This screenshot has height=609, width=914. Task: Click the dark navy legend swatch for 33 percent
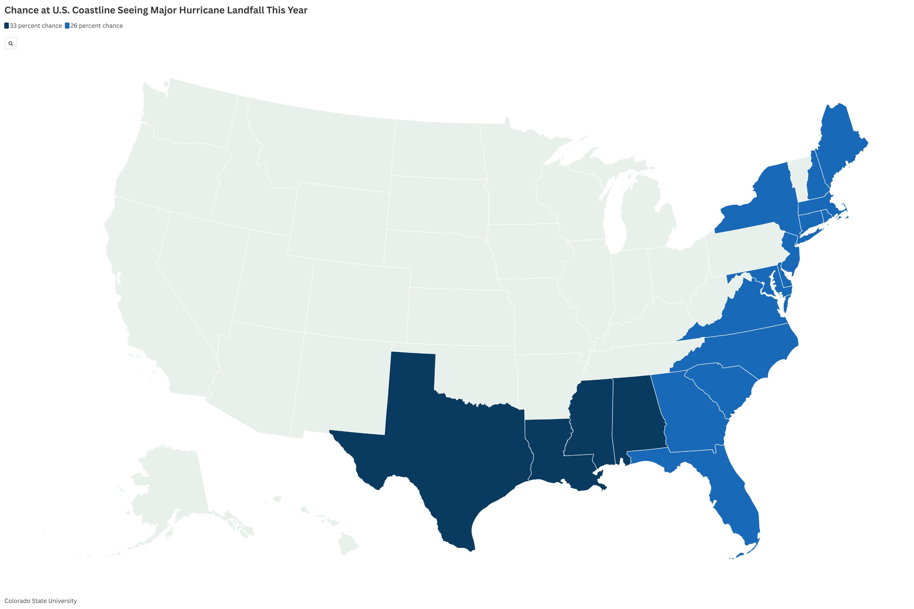(x=7, y=26)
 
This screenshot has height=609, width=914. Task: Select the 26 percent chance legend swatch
(x=67, y=26)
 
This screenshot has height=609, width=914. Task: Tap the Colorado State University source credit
(x=41, y=601)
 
